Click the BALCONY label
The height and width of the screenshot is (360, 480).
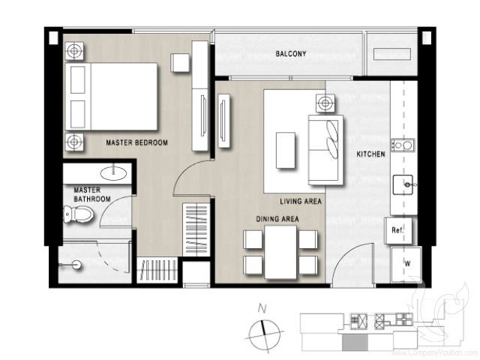coord(290,54)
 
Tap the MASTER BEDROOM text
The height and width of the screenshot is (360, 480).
coord(136,142)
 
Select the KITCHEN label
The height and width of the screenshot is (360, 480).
coord(370,154)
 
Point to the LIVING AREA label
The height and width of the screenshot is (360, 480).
coord(301,201)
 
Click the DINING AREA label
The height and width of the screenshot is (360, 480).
coord(278,218)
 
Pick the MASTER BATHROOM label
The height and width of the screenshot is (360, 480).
coord(92,195)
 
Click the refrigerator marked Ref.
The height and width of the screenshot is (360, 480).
coord(397,230)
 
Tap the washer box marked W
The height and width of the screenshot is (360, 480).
coord(406,263)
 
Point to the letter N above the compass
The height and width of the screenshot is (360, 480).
coord(262,307)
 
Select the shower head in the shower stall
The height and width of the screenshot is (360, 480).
coord(76,265)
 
